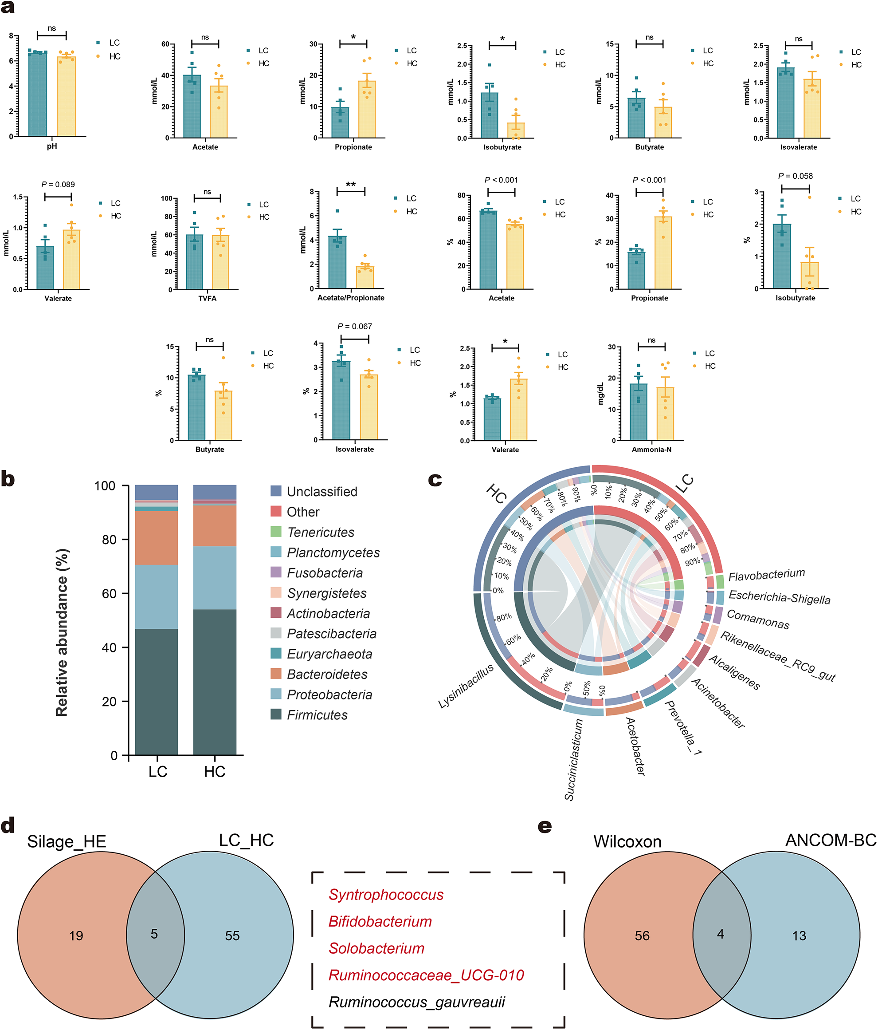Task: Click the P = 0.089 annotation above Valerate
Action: [58, 185]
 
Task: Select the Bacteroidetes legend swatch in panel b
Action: [276, 674]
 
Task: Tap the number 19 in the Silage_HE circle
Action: [76, 935]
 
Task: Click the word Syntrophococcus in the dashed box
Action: [386, 894]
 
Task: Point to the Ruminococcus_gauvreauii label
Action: [417, 1002]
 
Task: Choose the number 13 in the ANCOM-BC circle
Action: [799, 935]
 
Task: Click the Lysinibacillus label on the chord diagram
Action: [466, 686]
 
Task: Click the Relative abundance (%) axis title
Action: [62, 632]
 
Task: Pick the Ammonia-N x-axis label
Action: [651, 450]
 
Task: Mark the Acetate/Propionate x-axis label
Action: [351, 298]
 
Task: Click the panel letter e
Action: [545, 826]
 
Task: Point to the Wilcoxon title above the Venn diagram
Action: [627, 841]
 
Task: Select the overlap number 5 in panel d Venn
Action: [154, 934]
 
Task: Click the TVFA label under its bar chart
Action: [207, 298]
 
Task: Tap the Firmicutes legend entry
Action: [317, 715]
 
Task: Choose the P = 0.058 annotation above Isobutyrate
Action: [795, 176]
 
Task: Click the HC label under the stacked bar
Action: [215, 772]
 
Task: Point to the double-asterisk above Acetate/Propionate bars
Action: [351, 185]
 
